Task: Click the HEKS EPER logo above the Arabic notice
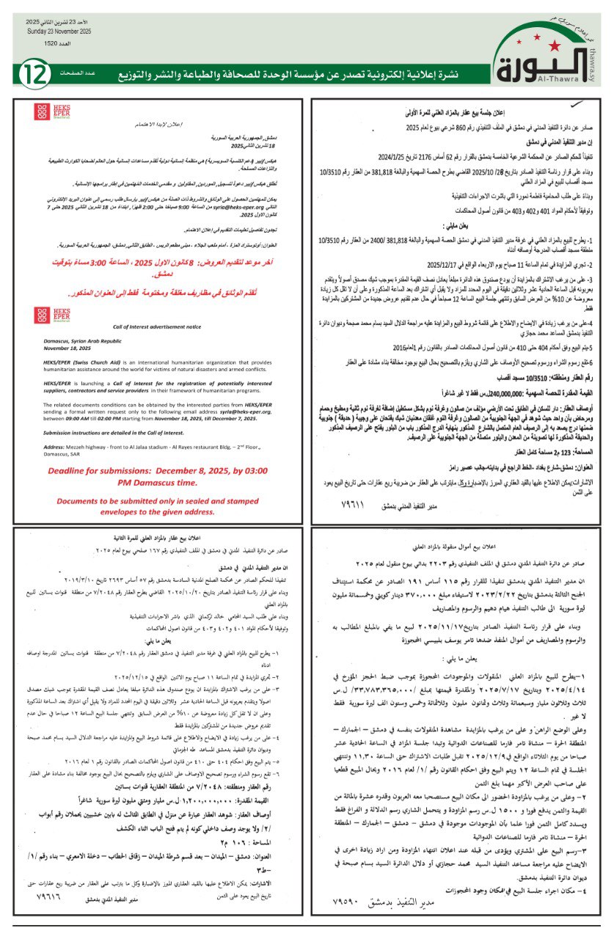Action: [x=41, y=112]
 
